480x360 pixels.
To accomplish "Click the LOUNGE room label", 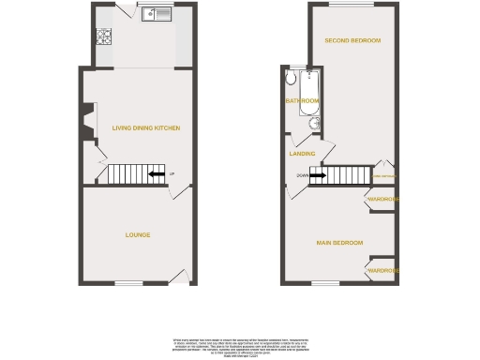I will (x=138, y=234).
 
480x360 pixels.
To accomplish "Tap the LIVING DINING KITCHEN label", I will (x=145, y=127).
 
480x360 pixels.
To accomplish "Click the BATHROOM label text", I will (x=303, y=100).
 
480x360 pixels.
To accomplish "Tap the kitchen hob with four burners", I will (x=103, y=39).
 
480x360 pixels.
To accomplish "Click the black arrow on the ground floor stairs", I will (x=158, y=174).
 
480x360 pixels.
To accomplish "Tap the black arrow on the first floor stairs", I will (x=318, y=174).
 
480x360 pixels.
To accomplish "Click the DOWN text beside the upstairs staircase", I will (x=302, y=174).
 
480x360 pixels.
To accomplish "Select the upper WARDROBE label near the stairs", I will (x=383, y=200).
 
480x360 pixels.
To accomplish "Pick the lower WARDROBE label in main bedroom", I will (x=383, y=270).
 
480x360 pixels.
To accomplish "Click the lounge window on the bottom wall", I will (x=128, y=283).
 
